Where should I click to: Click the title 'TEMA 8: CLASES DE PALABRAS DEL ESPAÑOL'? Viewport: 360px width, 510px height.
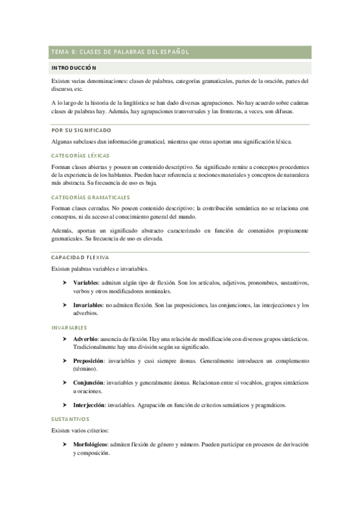click(121, 52)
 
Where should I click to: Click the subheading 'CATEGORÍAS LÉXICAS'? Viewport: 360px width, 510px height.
click(80, 155)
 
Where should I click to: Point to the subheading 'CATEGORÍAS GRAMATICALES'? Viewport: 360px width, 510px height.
click(90, 197)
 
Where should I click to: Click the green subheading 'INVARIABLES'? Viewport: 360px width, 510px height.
click(69, 328)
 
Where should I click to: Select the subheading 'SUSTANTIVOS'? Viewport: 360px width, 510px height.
click(70, 418)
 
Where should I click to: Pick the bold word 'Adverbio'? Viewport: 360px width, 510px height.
click(86, 339)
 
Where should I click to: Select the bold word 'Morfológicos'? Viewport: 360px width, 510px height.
click(91, 444)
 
